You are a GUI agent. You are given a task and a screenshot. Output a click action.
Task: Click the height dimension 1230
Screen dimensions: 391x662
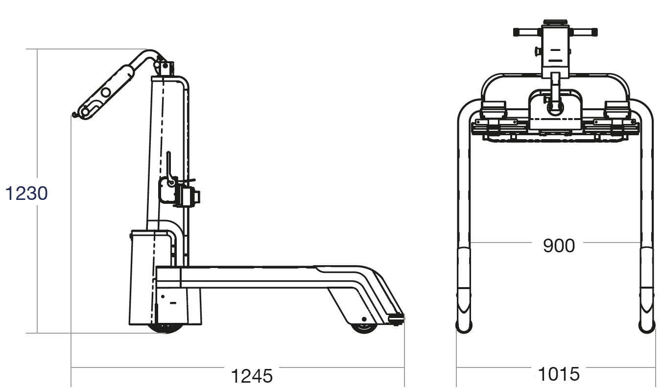pyautogui.click(x=26, y=194)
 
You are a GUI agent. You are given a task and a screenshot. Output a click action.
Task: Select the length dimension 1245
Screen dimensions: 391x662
pyautogui.click(x=251, y=376)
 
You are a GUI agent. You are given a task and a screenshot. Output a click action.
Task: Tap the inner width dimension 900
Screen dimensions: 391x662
pyautogui.click(x=559, y=245)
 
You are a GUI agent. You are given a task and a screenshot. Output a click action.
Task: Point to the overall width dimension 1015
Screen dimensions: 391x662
pyautogui.click(x=559, y=374)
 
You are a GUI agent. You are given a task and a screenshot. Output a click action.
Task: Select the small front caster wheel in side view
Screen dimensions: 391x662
pyautogui.click(x=364, y=327)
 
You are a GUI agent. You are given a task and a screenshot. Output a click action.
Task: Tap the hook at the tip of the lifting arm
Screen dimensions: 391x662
pyautogui.click(x=74, y=115)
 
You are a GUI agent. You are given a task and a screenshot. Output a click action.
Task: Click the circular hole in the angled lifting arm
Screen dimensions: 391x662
pyautogui.click(x=106, y=92)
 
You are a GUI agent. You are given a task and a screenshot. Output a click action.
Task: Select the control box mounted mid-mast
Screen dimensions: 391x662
pyautogui.click(x=188, y=196)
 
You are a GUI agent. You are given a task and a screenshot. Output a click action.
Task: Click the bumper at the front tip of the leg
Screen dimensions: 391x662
pyautogui.click(x=397, y=319)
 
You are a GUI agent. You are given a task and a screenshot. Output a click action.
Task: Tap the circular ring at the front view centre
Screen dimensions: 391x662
pyautogui.click(x=555, y=107)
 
